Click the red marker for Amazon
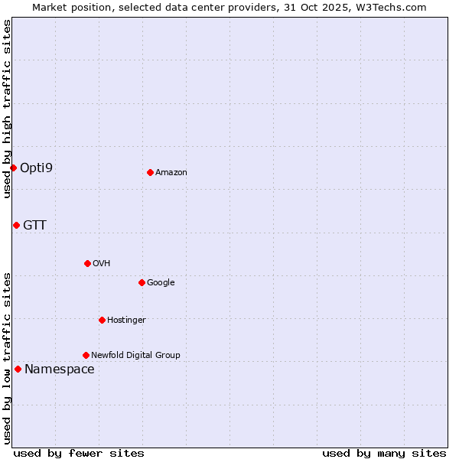tap(150, 172)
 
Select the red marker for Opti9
tap(14, 168)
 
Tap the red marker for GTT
tap(16, 225)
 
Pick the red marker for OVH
tap(87, 263)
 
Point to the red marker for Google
tap(142, 282)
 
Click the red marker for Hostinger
tap(102, 320)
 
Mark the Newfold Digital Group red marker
tap(86, 355)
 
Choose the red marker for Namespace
tap(18, 369)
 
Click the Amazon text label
tap(171, 173)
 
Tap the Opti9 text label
tap(36, 168)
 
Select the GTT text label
tap(34, 225)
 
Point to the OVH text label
tap(102, 264)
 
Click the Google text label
tap(161, 283)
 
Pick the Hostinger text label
tap(126, 321)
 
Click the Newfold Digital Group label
tap(135, 355)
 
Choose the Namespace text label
tap(60, 369)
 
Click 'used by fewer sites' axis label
tap(79, 453)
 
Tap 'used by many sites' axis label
tap(384, 453)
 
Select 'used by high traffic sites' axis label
tap(7, 109)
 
